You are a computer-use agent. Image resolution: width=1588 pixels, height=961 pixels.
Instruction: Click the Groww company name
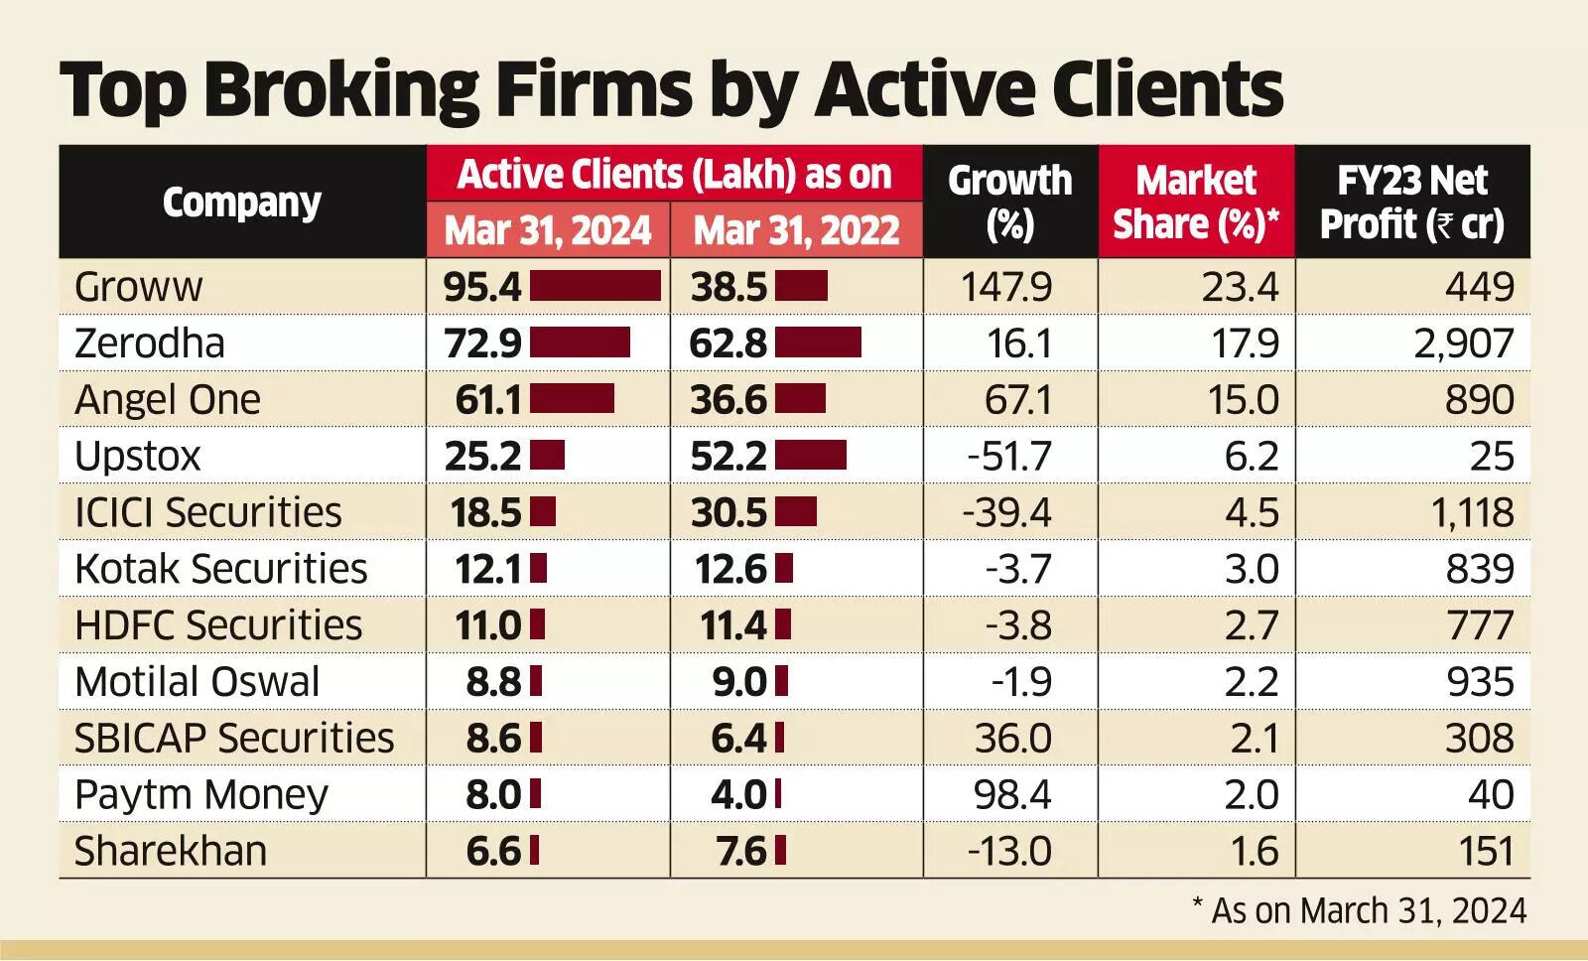click(x=138, y=287)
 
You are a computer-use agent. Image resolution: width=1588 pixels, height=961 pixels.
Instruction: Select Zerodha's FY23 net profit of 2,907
click(x=1464, y=343)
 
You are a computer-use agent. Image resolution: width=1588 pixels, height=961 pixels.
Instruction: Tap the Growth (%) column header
click(x=1009, y=202)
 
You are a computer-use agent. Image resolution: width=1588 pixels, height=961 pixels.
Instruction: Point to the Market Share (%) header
click(x=1196, y=202)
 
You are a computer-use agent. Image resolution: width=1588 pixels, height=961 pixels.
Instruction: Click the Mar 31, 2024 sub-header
click(x=548, y=230)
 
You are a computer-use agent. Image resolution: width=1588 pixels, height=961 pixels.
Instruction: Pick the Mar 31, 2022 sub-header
click(x=796, y=230)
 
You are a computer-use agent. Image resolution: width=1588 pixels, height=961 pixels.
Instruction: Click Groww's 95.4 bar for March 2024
click(x=595, y=286)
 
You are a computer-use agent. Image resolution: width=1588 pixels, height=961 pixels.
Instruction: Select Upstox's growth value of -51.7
click(x=1009, y=457)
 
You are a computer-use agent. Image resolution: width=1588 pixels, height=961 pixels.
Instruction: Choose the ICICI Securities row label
click(x=207, y=513)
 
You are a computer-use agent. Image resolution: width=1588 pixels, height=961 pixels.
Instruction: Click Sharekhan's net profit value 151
click(x=1486, y=852)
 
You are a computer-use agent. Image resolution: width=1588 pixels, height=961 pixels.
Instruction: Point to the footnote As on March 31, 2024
click(x=1359, y=911)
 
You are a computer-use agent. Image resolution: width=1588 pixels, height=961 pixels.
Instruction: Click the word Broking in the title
click(x=343, y=91)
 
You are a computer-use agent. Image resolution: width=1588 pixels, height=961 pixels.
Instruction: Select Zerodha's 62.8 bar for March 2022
click(x=818, y=343)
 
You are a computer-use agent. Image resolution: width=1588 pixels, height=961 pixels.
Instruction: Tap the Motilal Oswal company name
click(x=197, y=682)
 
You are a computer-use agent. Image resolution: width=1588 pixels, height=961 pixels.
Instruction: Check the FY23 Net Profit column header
click(x=1411, y=202)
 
